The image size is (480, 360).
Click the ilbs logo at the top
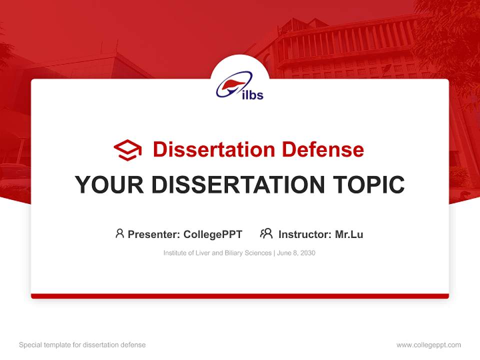[x=240, y=85]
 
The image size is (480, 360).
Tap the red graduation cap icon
[x=127, y=150]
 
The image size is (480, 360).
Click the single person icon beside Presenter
[x=119, y=233]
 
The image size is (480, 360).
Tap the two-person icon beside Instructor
[x=266, y=233]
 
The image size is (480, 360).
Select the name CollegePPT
[x=213, y=234]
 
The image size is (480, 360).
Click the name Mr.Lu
[x=349, y=234]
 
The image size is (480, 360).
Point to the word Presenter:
[x=154, y=234]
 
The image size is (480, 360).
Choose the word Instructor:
[x=304, y=234]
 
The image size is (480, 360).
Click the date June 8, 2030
[x=296, y=253]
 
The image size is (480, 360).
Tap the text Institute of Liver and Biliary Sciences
[x=217, y=253]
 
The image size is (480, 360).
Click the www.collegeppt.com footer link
[x=428, y=345]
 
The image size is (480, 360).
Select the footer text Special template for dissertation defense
[x=82, y=345]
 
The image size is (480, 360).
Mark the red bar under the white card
[x=240, y=296]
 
